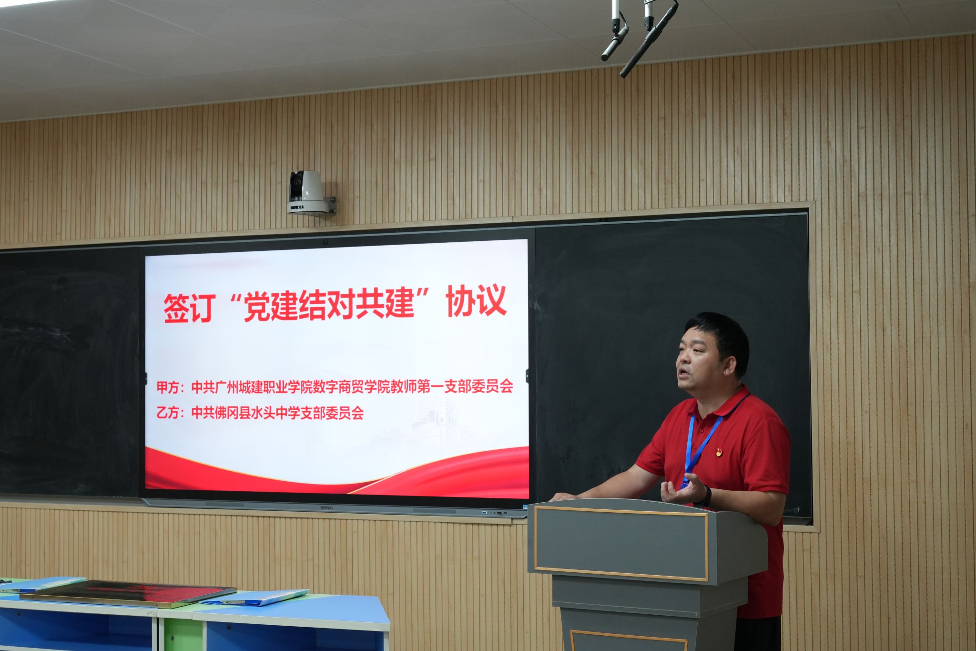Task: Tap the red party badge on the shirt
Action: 719,452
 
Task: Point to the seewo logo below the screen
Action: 326,508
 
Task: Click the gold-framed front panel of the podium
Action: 620,544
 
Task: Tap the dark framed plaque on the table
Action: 128,593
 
